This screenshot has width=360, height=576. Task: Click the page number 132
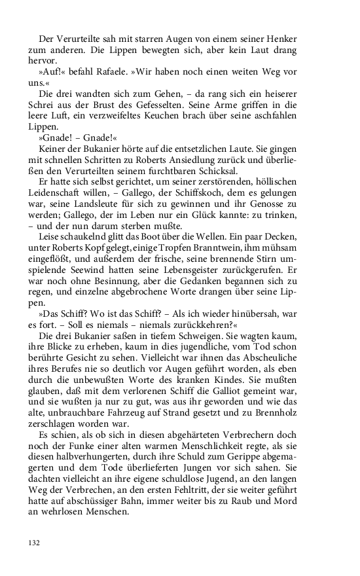pyautogui.click(x=35, y=542)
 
